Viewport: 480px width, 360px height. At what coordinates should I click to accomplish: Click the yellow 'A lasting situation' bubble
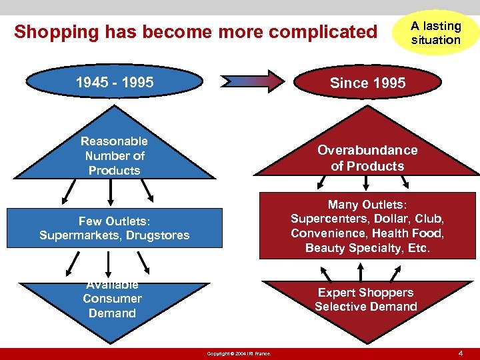point(435,33)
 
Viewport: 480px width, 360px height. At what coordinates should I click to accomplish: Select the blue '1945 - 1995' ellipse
point(114,83)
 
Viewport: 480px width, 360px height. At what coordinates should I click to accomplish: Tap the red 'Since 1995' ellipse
point(367,83)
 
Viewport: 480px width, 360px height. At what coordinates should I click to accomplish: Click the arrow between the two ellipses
point(256,81)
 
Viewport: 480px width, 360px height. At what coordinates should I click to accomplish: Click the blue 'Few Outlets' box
point(114,228)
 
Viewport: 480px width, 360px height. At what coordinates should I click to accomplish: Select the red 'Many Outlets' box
point(367,226)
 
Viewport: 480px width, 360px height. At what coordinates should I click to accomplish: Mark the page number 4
point(461,352)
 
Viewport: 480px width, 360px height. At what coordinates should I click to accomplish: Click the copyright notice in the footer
point(239,353)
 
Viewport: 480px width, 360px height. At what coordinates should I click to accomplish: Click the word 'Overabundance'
point(367,150)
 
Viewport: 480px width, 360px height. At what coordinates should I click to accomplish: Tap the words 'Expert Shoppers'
point(365,292)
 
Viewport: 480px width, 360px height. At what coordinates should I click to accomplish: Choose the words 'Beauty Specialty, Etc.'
point(367,248)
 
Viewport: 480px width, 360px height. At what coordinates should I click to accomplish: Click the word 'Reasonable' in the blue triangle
point(114,141)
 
